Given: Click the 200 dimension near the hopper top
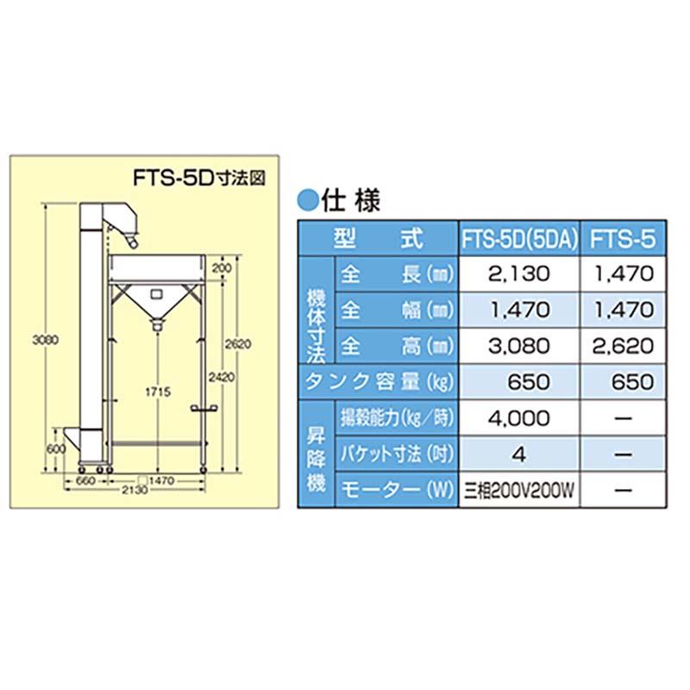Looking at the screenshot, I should coord(226,269).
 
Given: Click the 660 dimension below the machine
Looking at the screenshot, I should coord(85,480).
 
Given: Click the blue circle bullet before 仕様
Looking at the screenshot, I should coord(307,200).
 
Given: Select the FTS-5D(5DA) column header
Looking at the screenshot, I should coord(520,238).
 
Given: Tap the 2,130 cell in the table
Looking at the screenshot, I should coord(519,274).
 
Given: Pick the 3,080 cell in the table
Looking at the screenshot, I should coord(519,347).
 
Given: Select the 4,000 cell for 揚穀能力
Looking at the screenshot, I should coord(519,418).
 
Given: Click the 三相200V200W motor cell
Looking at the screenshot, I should coord(519,490).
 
